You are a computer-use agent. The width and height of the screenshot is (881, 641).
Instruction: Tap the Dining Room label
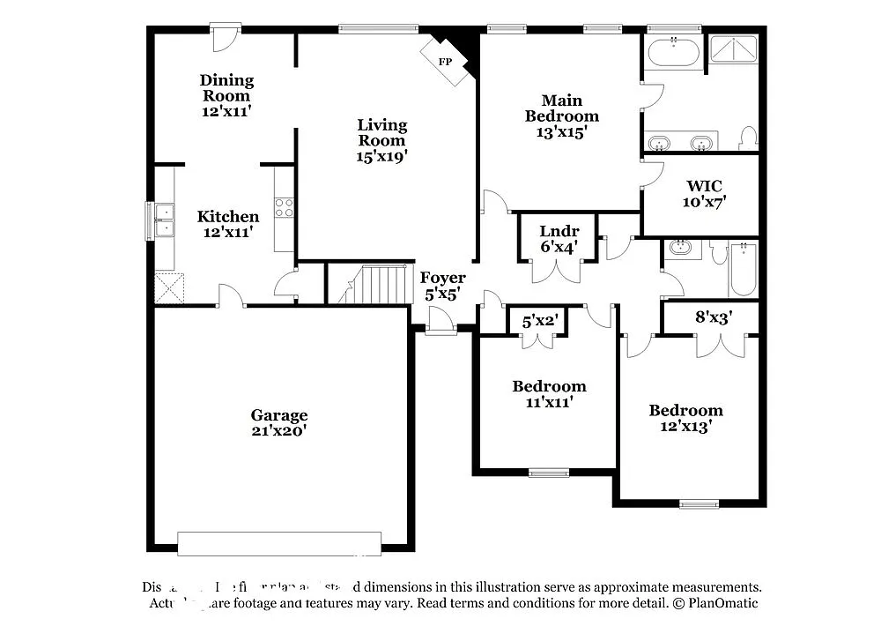(226, 88)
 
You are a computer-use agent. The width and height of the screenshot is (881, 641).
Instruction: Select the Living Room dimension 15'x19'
(381, 156)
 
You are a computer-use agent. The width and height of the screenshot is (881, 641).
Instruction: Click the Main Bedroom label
(561, 108)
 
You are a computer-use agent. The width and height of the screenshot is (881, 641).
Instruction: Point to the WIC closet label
(704, 186)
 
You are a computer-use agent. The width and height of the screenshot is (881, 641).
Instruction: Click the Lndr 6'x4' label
(559, 239)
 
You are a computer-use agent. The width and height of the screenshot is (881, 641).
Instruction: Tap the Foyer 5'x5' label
(442, 286)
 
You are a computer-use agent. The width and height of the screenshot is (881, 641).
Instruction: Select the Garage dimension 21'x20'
(278, 431)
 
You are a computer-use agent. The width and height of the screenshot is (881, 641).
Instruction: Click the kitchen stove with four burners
(284, 208)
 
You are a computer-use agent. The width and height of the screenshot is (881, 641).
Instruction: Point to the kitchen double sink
(164, 220)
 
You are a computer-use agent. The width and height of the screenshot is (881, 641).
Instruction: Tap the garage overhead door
(279, 543)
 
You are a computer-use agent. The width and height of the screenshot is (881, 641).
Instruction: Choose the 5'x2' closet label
(539, 322)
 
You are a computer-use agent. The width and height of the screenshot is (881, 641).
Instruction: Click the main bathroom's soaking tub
(674, 54)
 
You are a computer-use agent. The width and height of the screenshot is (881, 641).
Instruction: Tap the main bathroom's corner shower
(734, 50)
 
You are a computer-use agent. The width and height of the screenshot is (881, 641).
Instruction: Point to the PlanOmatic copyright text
(714, 603)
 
